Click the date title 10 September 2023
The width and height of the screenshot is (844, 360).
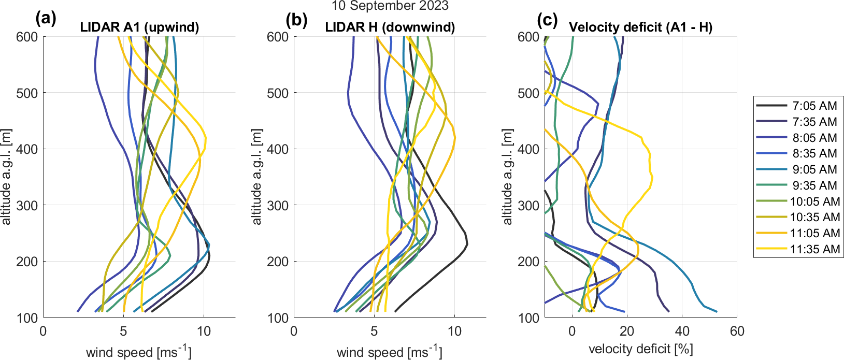(390, 6)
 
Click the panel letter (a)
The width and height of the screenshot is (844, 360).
(46, 20)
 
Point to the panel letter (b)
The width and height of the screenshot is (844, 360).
(296, 20)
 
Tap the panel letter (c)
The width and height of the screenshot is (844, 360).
(547, 20)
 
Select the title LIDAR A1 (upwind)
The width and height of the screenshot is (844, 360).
(139, 27)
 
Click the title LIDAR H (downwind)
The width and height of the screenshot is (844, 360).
(390, 27)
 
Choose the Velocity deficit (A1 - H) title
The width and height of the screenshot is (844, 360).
(640, 27)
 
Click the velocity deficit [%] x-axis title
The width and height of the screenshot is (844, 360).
(640, 349)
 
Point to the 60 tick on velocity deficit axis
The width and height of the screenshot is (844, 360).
(737, 332)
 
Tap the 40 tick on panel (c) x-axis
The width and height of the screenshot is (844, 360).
(682, 332)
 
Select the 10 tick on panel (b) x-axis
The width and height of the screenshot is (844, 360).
(454, 332)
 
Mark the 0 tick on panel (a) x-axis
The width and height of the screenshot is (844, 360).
(43, 332)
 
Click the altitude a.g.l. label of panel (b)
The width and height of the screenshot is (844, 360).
(257, 177)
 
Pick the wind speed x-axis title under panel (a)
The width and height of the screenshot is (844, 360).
(139, 352)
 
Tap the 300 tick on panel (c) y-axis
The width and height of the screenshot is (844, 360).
(528, 206)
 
